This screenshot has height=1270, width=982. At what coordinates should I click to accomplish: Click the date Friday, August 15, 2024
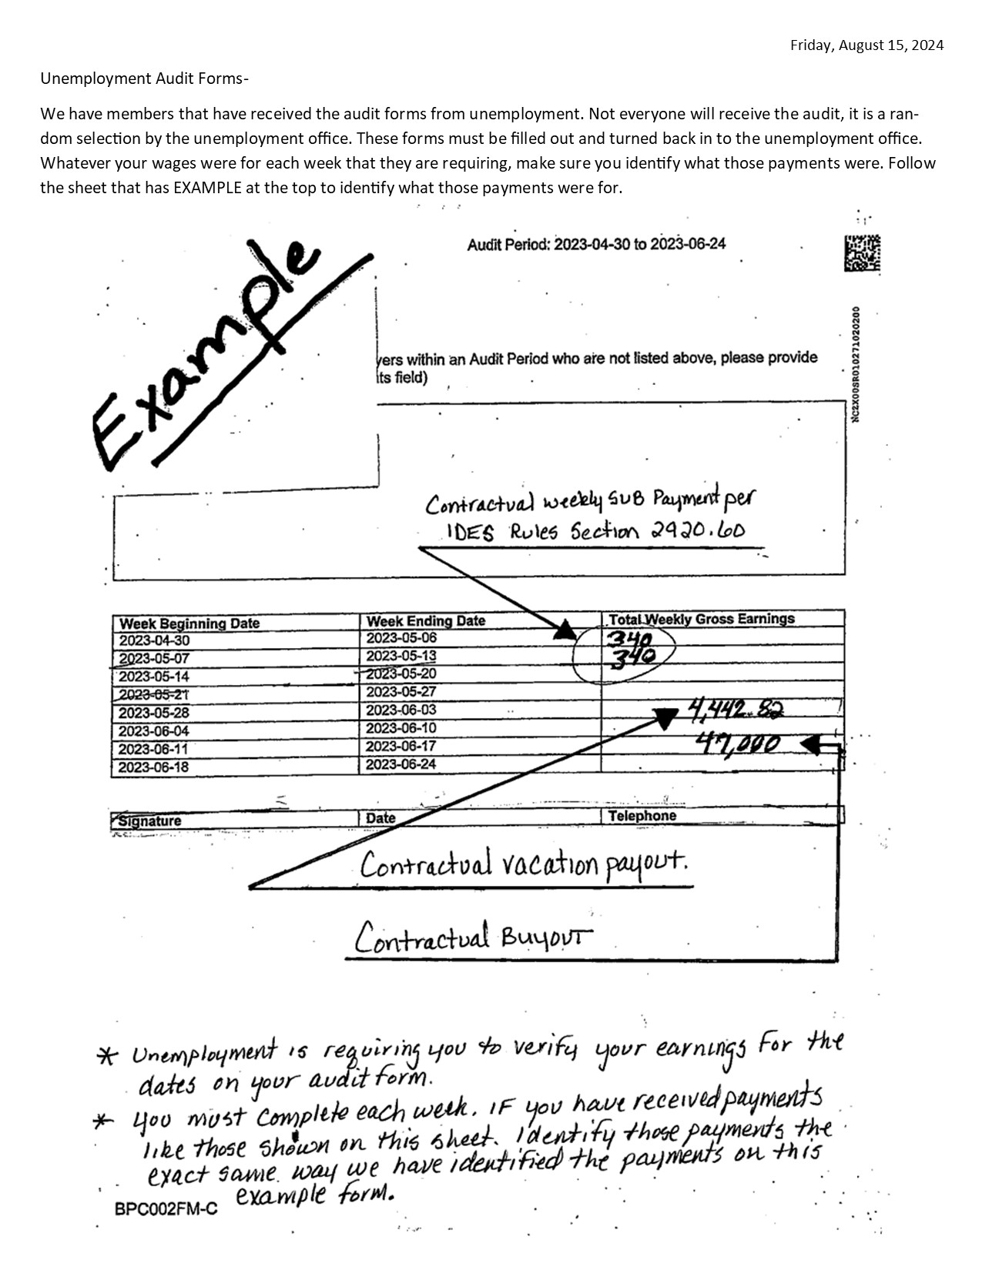tap(866, 45)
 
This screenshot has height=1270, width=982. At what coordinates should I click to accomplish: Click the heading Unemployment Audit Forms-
tap(145, 79)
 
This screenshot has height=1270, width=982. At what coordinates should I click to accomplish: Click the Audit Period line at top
tap(595, 245)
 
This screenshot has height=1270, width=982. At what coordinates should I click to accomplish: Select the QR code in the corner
tap(862, 253)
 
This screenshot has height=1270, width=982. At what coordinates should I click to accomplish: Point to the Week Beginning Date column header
tap(189, 623)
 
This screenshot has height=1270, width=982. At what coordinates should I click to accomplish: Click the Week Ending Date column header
tap(425, 621)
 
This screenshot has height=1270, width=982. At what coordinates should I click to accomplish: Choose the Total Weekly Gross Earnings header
tap(700, 619)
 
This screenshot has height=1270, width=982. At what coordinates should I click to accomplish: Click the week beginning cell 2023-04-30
tap(154, 641)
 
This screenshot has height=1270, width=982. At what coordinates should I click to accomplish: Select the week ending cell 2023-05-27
tap(401, 692)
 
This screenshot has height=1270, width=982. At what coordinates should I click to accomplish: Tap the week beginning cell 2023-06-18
tap(154, 767)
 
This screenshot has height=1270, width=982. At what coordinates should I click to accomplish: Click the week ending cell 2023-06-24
tap(401, 764)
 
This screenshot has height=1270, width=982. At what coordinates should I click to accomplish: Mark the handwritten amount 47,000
tap(737, 744)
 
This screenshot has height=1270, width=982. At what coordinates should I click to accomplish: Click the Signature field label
tap(149, 821)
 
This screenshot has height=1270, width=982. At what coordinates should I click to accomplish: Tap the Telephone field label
tap(642, 816)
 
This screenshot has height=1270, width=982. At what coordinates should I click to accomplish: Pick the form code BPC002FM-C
tap(166, 1209)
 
